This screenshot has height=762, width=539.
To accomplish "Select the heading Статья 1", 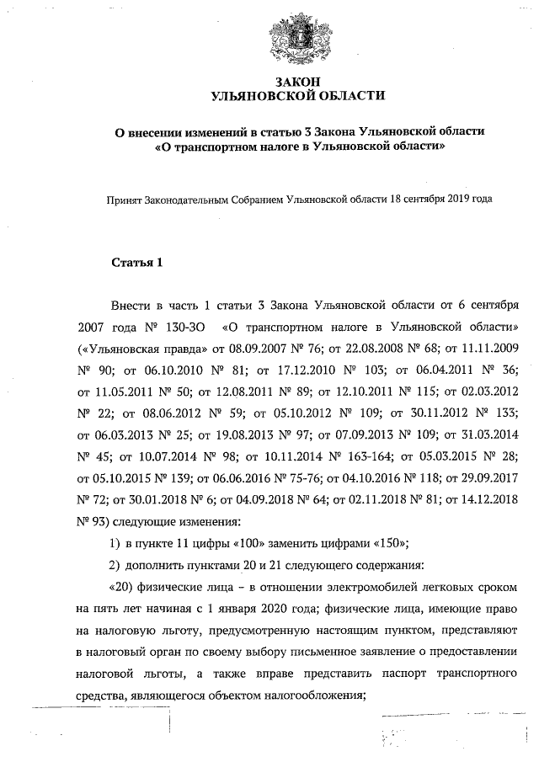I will point(137,263).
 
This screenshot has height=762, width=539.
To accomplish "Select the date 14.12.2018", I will point(483,500).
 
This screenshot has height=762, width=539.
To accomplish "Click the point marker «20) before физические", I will point(120,587).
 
